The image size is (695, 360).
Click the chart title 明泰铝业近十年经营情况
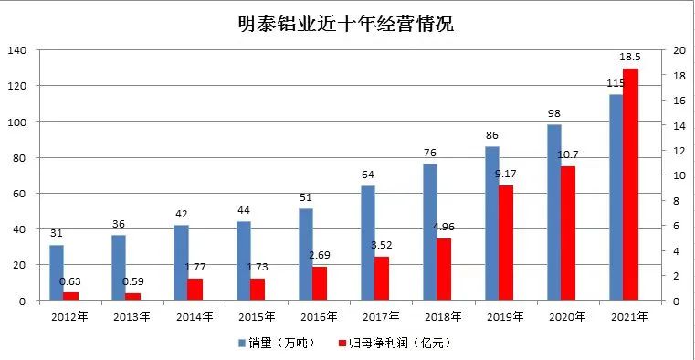pyautogui.click(x=347, y=23)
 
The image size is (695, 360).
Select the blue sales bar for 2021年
pyautogui.click(x=616, y=197)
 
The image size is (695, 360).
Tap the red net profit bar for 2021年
pyautogui.click(x=630, y=184)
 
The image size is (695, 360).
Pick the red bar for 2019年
pyautogui.click(x=506, y=243)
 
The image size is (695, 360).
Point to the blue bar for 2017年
pyautogui.click(x=367, y=243)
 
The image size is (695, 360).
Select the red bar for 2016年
pyautogui.click(x=320, y=283)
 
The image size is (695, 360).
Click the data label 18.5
pyautogui.click(x=630, y=58)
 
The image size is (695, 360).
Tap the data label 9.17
pyautogui.click(x=507, y=174)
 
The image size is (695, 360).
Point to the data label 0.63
pyautogui.click(x=70, y=281)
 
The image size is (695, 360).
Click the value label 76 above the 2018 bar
pyautogui.click(x=429, y=153)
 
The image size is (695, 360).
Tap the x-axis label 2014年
pyautogui.click(x=195, y=316)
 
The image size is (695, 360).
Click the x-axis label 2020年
pyautogui.click(x=567, y=316)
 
